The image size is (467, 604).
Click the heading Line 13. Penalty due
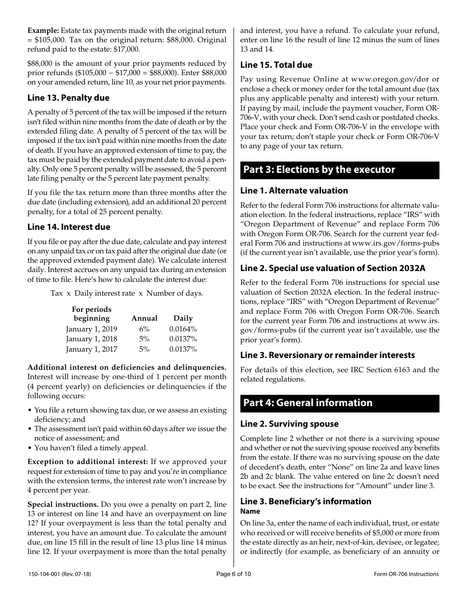[68, 98]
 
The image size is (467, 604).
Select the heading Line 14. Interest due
[69, 227]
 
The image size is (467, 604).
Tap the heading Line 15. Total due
[276, 65]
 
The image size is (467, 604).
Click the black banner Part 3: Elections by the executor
[339, 170]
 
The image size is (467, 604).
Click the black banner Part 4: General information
[339, 403]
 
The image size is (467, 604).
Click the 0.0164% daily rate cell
[183, 329]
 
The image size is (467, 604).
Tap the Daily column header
[183, 318]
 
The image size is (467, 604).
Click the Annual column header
[145, 318]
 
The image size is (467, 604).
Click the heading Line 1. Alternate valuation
[294, 191]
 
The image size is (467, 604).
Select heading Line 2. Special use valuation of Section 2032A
[333, 268]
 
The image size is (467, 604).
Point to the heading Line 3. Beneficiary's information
[305, 501]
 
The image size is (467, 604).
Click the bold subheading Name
[250, 511]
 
